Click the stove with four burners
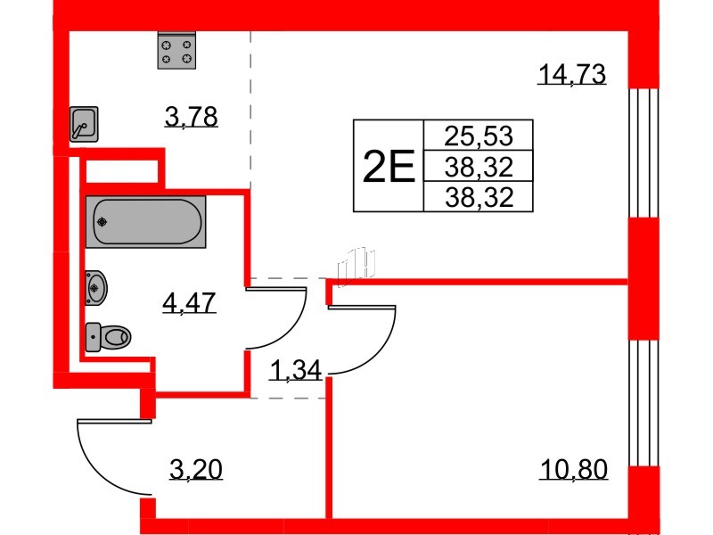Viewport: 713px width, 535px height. tap(176, 51)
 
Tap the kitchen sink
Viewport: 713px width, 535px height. tap(84, 124)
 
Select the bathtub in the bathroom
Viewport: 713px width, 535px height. tap(145, 221)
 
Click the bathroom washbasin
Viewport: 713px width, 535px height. tap(96, 287)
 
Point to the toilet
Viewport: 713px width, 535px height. tap(108, 337)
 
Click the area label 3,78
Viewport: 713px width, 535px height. tap(191, 117)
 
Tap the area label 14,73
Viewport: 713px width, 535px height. tap(571, 74)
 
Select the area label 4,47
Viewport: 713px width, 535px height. tap(189, 303)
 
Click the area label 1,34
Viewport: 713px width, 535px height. tap(296, 370)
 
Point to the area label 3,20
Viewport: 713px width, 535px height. tap(196, 469)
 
